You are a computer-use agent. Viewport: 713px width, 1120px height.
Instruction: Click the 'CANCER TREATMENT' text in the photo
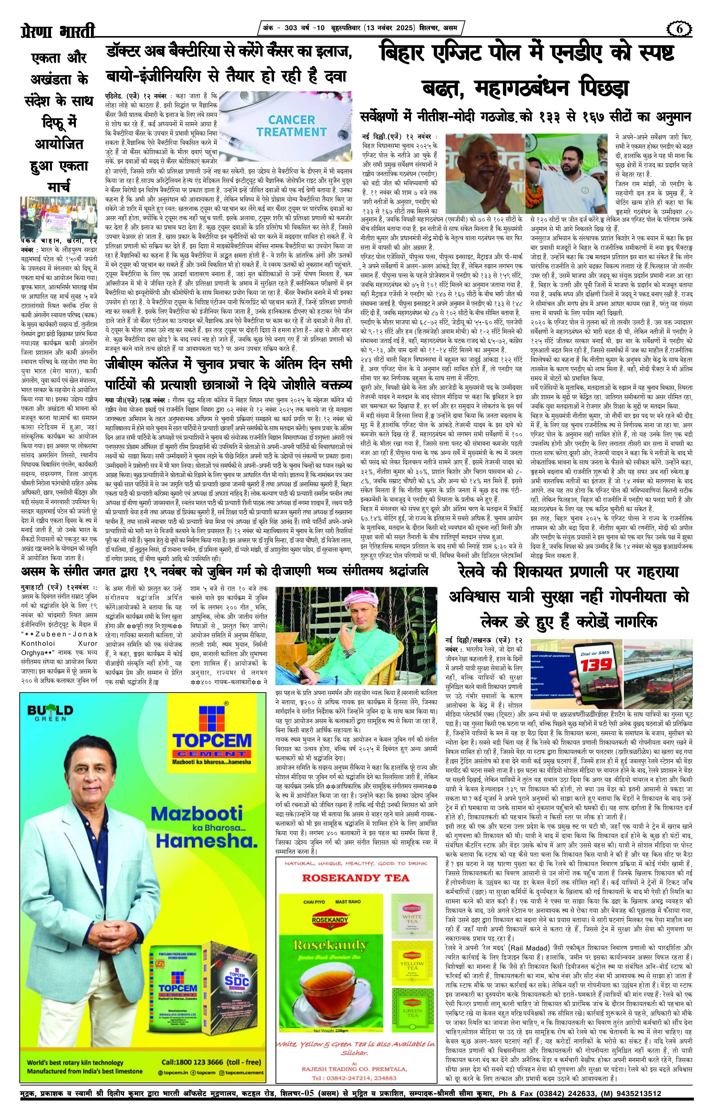[x=291, y=126]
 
